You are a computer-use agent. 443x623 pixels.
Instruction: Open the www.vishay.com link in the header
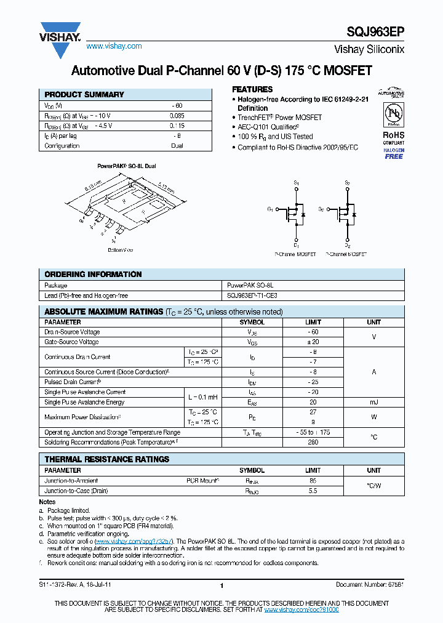click(114, 46)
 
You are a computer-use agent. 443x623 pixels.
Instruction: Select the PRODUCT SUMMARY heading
click(84, 95)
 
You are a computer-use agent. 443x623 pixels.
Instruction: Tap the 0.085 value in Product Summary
click(177, 116)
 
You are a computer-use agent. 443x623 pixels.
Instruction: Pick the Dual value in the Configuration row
click(177, 146)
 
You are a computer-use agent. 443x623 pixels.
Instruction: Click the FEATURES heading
click(252, 89)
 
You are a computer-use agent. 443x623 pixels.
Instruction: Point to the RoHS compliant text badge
click(394, 137)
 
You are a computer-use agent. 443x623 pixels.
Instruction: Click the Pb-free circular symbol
click(394, 115)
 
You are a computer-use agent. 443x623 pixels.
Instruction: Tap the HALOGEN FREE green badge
click(394, 153)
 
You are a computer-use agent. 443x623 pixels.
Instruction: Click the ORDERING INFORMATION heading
click(93, 275)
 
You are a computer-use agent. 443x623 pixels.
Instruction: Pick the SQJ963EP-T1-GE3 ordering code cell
click(252, 295)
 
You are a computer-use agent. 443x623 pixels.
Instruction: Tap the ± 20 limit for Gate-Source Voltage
click(313, 342)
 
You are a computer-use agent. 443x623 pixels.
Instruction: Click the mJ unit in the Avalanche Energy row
click(373, 402)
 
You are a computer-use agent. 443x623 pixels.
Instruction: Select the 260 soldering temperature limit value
click(313, 442)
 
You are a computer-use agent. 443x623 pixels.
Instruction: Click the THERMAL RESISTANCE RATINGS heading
click(106, 459)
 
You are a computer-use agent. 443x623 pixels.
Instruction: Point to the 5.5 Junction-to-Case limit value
click(313, 491)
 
